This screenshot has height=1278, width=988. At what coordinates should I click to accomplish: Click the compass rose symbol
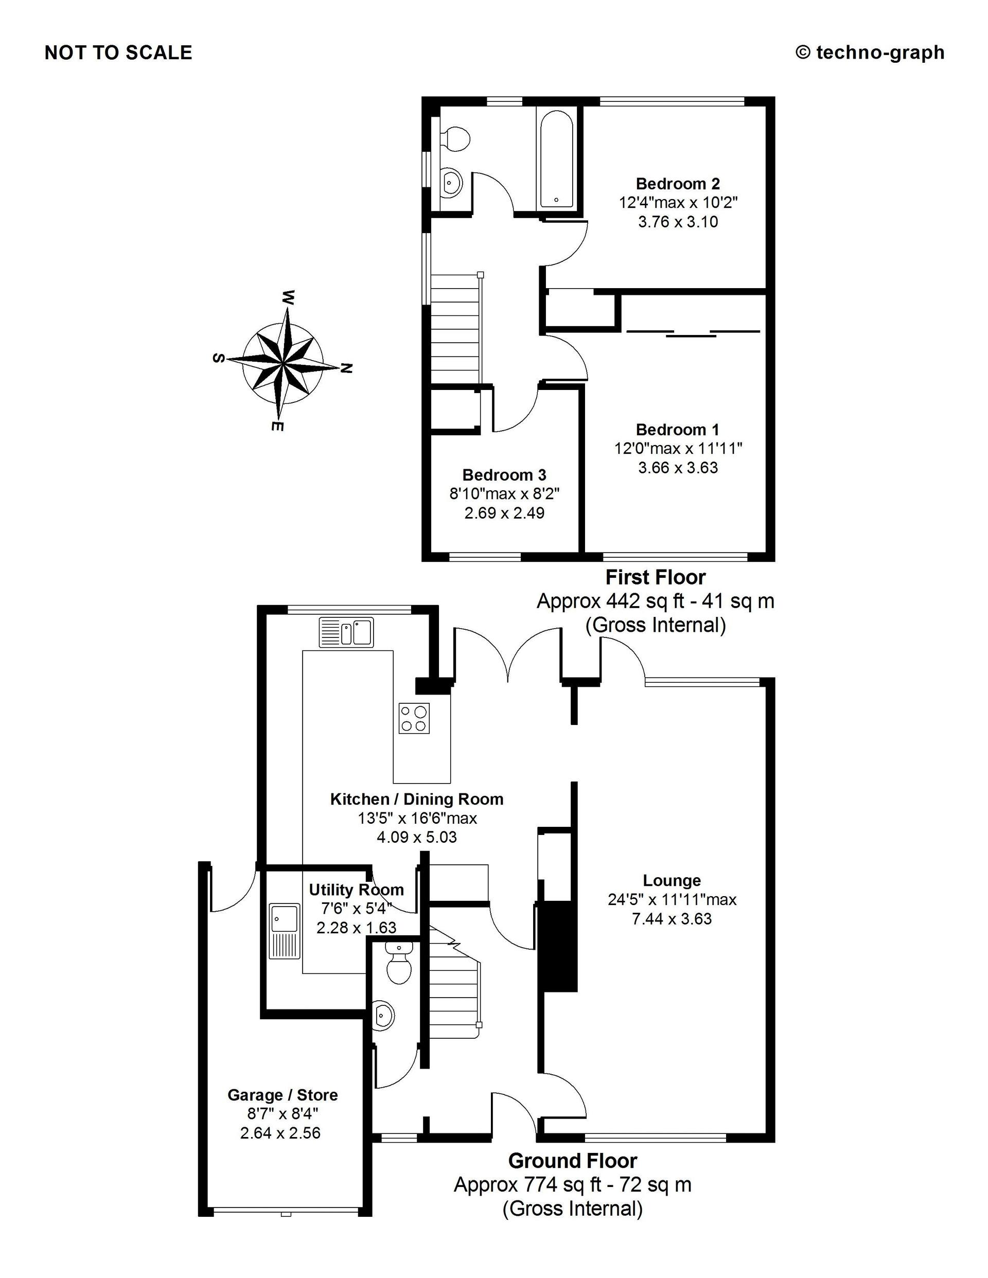click(x=283, y=364)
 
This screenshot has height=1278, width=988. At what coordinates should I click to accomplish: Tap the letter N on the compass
click(x=346, y=369)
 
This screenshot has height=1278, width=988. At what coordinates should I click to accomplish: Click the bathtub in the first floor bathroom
click(x=557, y=158)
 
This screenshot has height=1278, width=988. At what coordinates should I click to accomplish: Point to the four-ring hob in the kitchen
click(x=414, y=718)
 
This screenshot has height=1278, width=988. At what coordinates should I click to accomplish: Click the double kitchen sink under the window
click(x=346, y=632)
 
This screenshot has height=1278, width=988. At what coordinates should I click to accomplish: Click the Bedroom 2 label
click(x=678, y=184)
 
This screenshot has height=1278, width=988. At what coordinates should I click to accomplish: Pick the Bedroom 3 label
click(x=504, y=474)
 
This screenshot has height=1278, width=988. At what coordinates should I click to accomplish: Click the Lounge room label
click(x=672, y=880)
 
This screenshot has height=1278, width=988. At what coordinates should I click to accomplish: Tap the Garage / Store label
click(x=283, y=1095)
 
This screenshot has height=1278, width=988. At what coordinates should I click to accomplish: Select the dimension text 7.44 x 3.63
click(x=672, y=919)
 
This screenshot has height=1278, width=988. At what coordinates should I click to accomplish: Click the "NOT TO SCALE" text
click(x=118, y=52)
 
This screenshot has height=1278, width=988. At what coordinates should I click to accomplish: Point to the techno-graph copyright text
click(x=870, y=52)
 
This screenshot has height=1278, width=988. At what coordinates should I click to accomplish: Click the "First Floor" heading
click(x=656, y=578)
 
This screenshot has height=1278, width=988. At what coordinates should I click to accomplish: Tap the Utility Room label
click(x=357, y=890)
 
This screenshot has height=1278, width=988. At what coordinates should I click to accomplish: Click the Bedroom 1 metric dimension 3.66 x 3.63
click(x=678, y=468)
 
